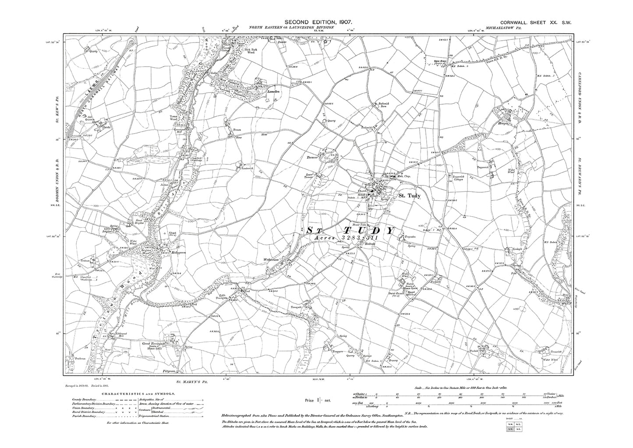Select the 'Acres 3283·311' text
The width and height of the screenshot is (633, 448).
click(x=349, y=237)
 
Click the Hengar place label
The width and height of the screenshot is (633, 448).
click(x=504, y=124)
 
